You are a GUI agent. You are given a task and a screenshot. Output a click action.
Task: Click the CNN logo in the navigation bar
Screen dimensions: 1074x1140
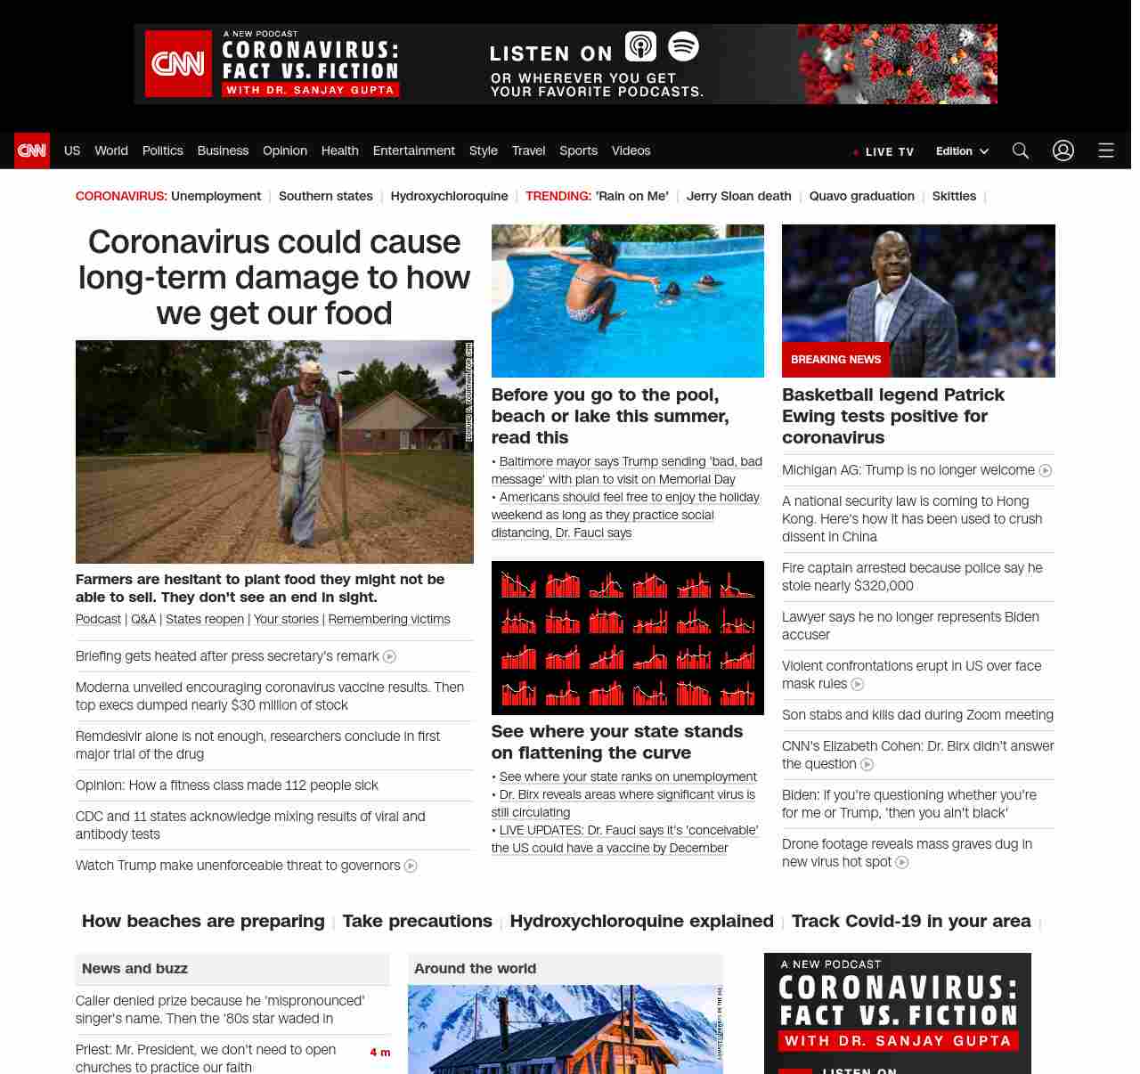(32, 151)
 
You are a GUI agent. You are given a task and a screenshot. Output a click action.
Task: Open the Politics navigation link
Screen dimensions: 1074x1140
(162, 151)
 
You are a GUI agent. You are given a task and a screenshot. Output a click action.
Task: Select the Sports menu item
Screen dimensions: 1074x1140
(578, 151)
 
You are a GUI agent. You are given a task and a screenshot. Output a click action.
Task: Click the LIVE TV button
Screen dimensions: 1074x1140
(883, 151)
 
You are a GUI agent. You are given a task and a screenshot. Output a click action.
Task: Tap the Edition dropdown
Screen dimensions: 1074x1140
(962, 151)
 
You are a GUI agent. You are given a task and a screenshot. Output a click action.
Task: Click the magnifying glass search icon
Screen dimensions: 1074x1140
(1021, 151)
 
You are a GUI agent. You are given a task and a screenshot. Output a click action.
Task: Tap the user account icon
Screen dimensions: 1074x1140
(1063, 151)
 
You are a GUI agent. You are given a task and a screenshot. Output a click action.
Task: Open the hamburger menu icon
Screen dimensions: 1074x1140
(1106, 151)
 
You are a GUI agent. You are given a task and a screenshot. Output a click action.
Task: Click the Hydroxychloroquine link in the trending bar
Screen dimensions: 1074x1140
(449, 196)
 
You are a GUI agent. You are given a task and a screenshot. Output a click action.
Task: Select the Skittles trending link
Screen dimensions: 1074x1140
(954, 196)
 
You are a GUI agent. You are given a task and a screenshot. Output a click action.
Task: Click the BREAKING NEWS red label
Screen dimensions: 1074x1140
(835, 360)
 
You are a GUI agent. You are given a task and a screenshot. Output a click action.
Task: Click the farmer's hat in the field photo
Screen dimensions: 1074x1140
(311, 367)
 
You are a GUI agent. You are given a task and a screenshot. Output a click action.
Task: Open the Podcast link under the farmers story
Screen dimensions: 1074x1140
(98, 619)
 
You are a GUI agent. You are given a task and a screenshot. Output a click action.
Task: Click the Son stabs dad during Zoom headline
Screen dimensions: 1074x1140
(917, 714)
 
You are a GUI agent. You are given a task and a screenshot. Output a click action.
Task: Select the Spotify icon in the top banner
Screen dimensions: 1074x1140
(683, 46)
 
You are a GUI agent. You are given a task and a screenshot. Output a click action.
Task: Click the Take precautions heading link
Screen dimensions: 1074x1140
(417, 921)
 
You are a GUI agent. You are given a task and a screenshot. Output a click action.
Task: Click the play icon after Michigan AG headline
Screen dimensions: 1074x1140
(1046, 470)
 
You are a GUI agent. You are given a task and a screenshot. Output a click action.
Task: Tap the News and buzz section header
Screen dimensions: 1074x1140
(134, 968)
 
